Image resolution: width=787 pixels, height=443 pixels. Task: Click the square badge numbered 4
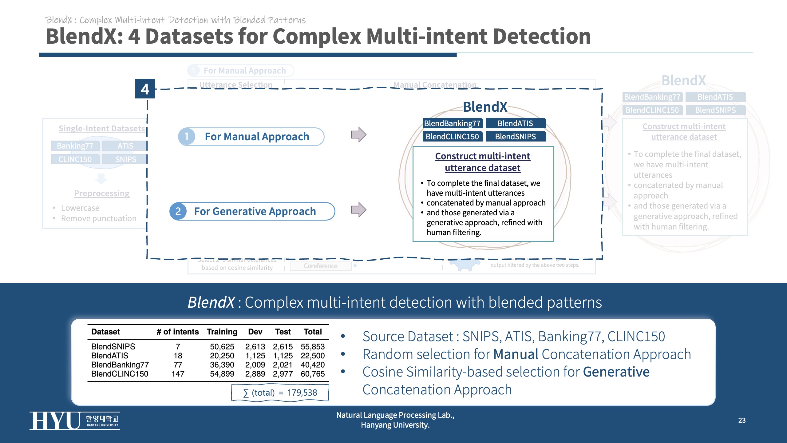click(x=145, y=89)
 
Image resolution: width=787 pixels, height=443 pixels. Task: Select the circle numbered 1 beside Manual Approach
click(x=187, y=136)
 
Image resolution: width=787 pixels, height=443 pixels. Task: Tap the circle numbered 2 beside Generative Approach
click(x=178, y=211)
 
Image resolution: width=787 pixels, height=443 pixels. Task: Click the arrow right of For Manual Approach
click(x=358, y=135)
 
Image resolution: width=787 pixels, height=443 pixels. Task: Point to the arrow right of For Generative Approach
click(x=358, y=210)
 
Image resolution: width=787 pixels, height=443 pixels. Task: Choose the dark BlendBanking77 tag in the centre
click(x=452, y=123)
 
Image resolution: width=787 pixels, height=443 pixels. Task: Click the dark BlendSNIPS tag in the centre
click(x=516, y=137)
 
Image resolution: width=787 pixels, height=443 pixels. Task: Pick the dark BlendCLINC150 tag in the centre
click(x=452, y=137)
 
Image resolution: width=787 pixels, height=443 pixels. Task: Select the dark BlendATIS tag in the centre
click(x=516, y=123)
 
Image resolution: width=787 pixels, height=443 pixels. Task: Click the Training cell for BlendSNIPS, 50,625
click(x=222, y=347)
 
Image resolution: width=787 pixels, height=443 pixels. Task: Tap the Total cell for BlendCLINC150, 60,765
click(x=313, y=374)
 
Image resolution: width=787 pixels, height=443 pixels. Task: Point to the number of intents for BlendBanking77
click(x=178, y=365)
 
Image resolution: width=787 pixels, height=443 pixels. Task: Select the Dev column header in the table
click(x=255, y=332)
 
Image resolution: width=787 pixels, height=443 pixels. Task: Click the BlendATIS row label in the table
click(x=110, y=356)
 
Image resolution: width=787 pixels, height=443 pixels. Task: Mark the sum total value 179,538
click(x=302, y=393)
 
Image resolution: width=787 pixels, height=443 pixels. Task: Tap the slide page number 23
click(x=742, y=420)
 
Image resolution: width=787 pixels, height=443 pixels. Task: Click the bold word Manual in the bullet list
click(x=516, y=354)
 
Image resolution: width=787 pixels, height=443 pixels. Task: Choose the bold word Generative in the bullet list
click(x=616, y=372)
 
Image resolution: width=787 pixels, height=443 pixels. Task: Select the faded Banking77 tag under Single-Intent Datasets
click(x=75, y=146)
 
